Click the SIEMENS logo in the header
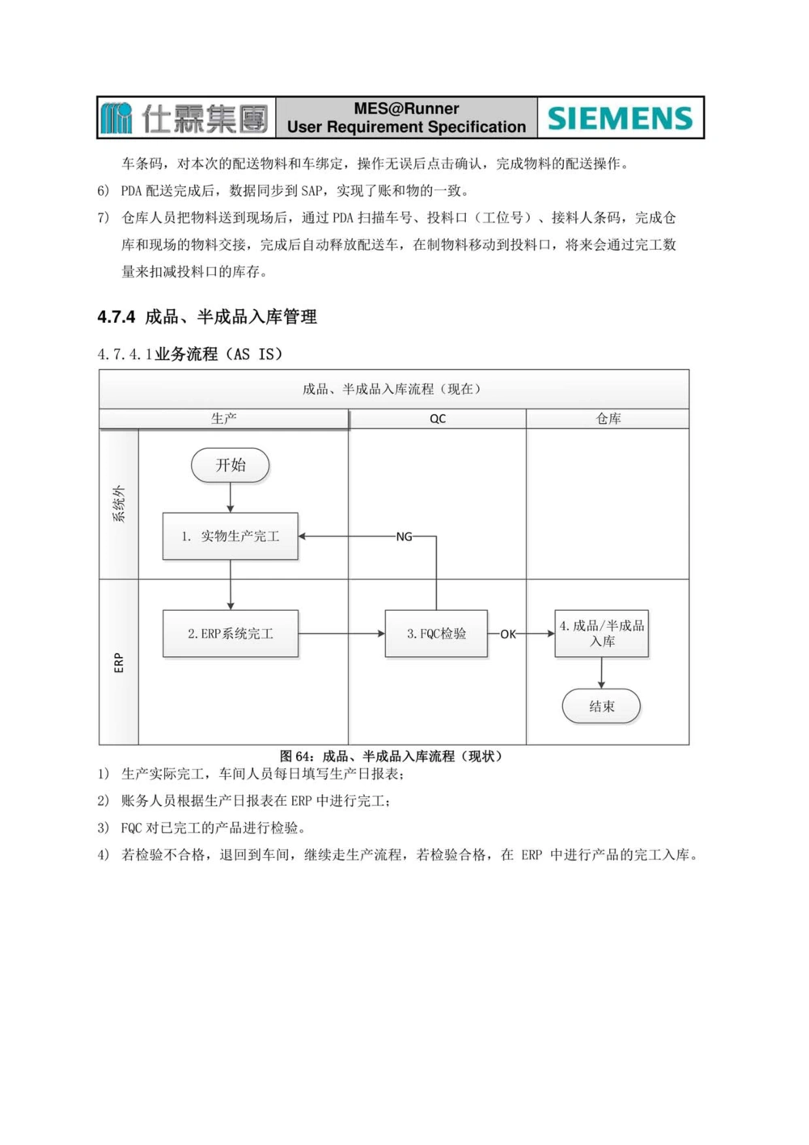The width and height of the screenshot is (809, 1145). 621,118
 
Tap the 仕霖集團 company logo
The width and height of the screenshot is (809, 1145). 185,118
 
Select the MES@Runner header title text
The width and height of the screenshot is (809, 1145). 406,108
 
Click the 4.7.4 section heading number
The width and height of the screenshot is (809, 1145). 116,317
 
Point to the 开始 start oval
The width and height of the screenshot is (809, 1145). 231,465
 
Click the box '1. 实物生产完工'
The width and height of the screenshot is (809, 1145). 231,536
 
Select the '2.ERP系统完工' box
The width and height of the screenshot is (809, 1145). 231,634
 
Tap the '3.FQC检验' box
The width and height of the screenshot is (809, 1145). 436,634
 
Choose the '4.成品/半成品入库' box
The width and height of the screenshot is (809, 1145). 602,634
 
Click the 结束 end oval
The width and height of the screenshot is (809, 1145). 601,706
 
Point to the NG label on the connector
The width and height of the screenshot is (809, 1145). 404,536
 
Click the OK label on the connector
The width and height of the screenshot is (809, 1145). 508,634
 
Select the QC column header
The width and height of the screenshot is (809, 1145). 438,419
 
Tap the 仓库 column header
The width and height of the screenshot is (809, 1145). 608,419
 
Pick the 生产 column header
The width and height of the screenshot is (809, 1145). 224,419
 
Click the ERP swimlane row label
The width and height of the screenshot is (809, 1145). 119,663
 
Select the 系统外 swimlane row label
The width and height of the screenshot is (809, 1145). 119,504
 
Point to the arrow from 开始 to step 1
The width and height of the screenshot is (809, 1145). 231,498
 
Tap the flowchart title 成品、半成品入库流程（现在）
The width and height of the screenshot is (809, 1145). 393,389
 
